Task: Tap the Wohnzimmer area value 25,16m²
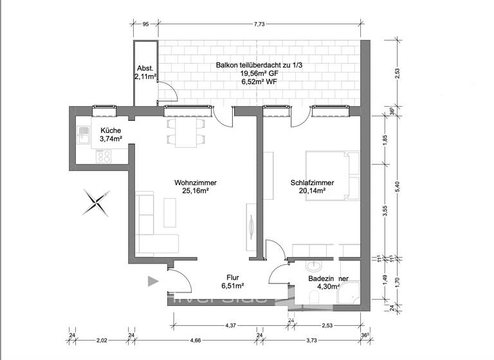(194, 190)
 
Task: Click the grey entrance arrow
(152, 280)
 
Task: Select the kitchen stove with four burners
(104, 156)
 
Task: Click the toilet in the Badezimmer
(314, 297)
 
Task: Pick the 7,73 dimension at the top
(259, 24)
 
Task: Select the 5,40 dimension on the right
(397, 185)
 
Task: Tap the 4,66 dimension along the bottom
(195, 340)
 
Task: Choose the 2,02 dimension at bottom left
(101, 340)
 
